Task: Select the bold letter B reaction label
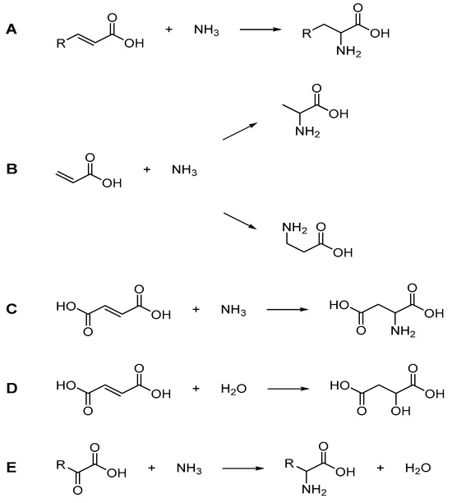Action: (x=11, y=170)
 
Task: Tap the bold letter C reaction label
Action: (x=11, y=310)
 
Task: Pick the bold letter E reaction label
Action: (x=11, y=468)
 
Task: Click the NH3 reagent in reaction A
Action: (x=206, y=31)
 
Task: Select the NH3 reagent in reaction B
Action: (x=185, y=171)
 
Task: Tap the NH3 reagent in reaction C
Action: (x=234, y=311)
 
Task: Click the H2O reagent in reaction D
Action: (x=234, y=385)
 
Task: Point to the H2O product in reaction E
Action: (x=419, y=468)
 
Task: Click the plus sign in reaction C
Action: (x=196, y=311)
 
